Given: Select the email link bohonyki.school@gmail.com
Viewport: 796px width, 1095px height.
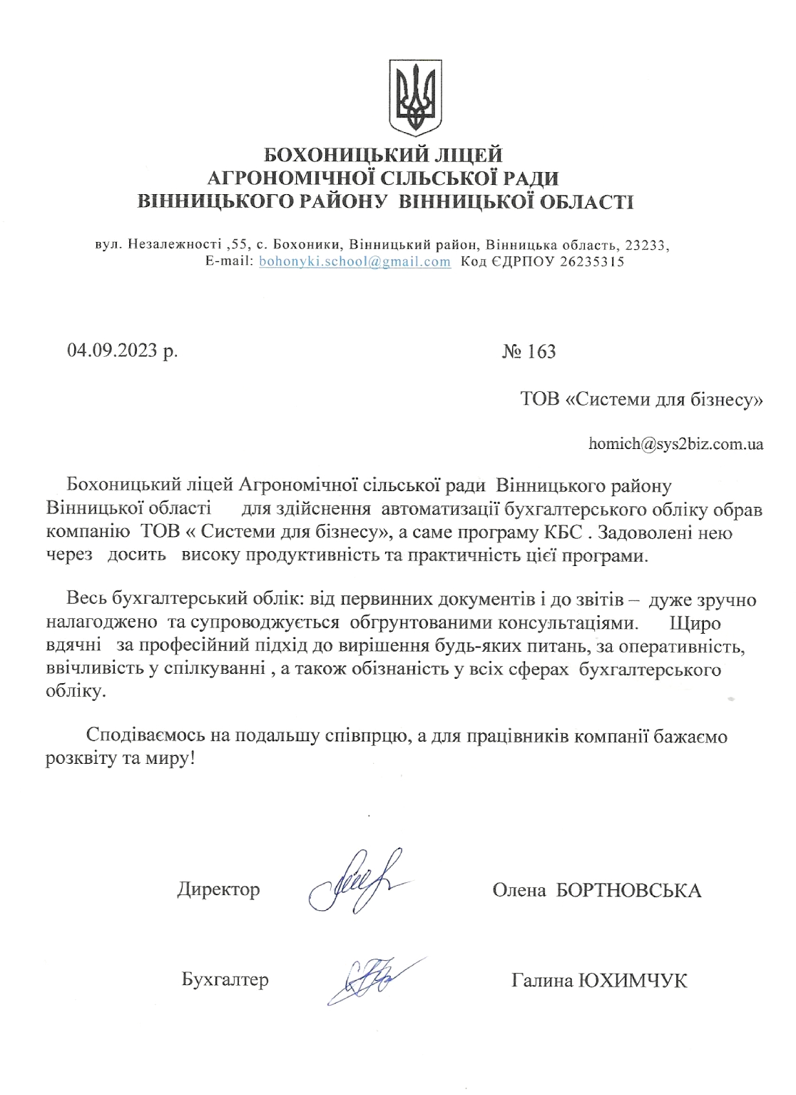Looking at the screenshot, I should [354, 261].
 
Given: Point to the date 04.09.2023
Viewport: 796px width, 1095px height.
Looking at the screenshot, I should [113, 350].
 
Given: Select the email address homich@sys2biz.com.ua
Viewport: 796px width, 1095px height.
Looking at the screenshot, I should [675, 444].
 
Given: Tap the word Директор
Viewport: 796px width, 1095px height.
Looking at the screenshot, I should [218, 889].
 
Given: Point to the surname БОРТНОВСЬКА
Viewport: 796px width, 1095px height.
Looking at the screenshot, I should [628, 890].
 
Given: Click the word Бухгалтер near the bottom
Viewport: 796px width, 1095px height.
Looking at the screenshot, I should [225, 979].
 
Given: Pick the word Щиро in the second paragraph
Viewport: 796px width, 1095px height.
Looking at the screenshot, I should [695, 623].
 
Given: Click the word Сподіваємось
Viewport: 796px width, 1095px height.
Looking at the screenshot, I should [146, 735].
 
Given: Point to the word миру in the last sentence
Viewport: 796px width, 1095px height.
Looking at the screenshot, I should [168, 758].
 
